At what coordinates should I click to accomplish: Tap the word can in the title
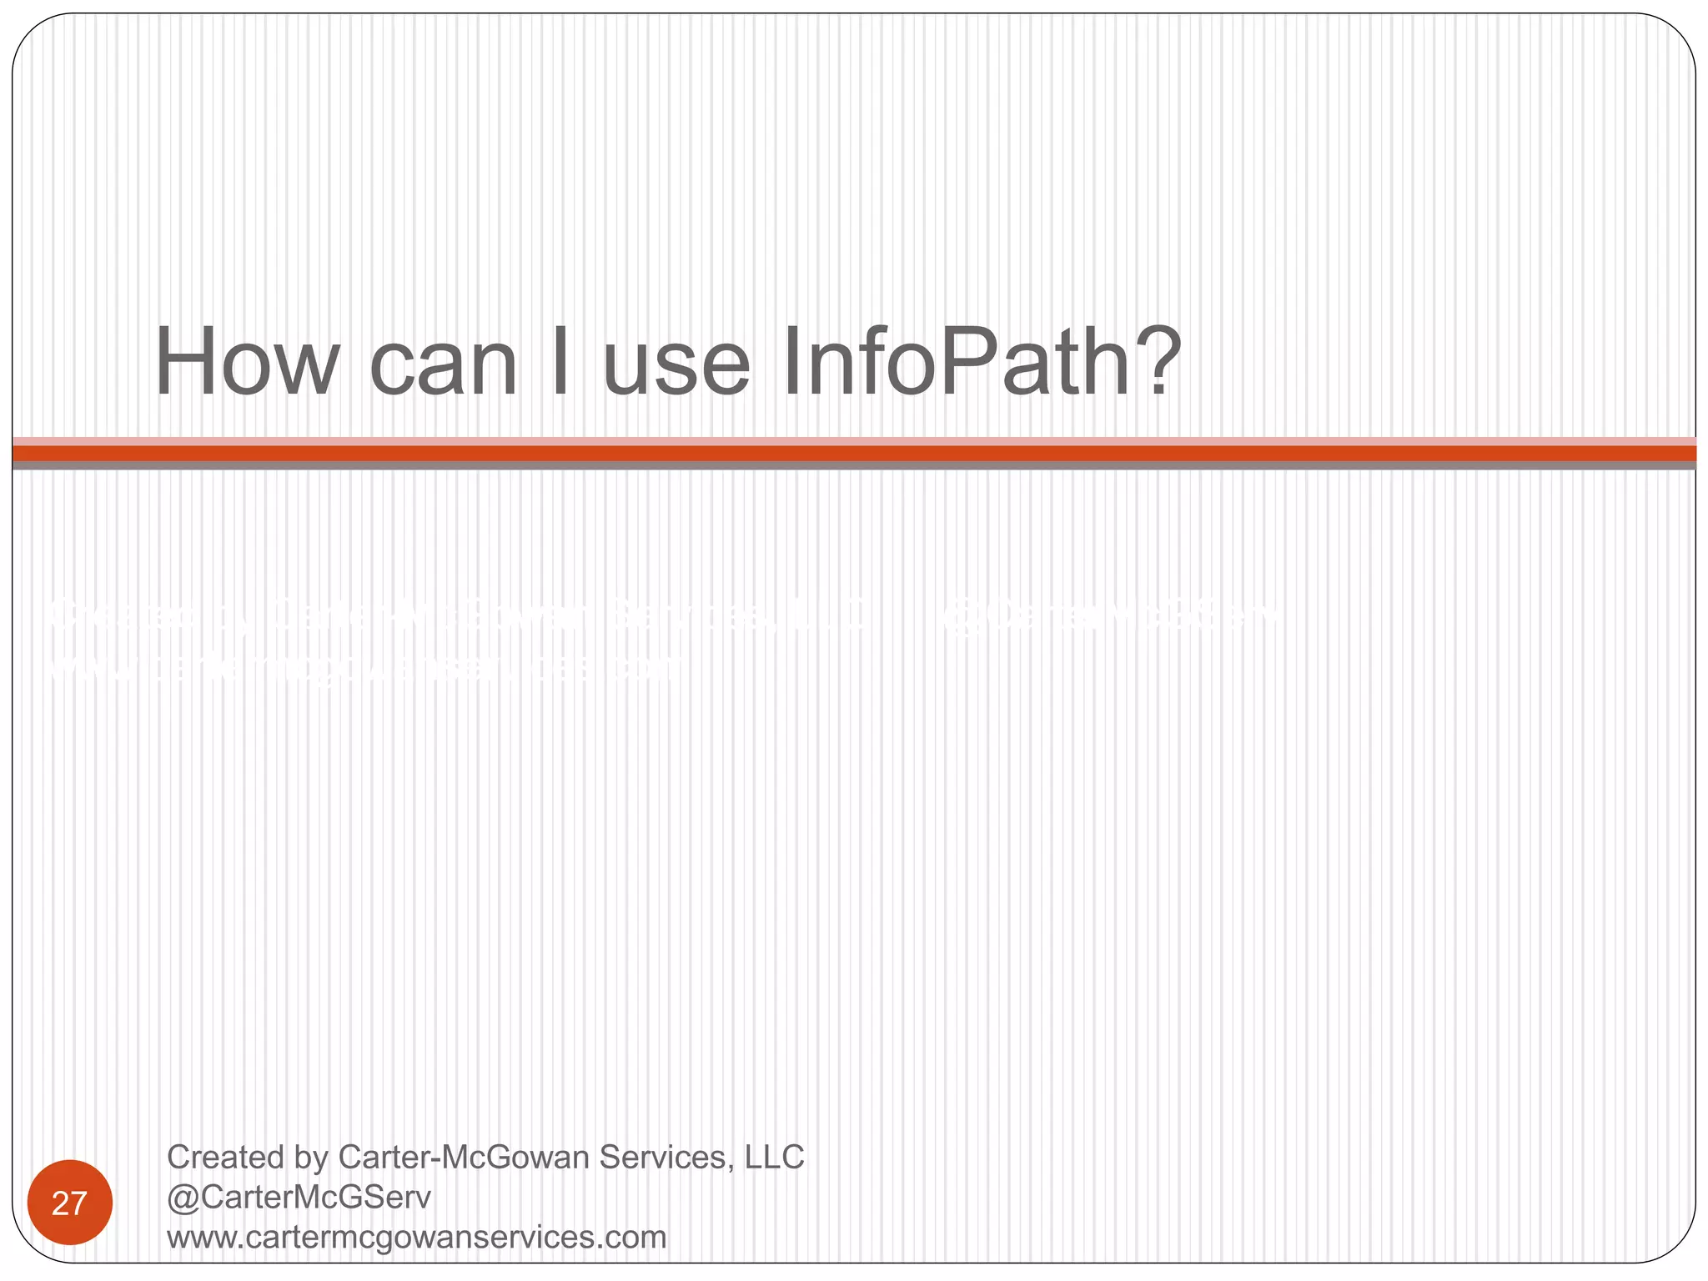point(444,367)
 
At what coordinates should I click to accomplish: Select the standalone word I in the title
point(560,363)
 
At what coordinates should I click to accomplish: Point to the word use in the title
point(676,367)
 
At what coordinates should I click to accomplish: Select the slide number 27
point(69,1203)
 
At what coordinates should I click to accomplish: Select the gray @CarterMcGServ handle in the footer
point(299,1198)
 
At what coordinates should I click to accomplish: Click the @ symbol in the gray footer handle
point(180,1198)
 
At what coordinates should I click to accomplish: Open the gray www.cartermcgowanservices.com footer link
point(416,1238)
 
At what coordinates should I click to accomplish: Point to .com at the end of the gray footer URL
point(636,1238)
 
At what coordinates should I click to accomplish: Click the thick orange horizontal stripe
point(854,453)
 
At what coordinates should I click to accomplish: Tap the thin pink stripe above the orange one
point(854,441)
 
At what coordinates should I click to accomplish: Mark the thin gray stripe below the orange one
point(854,465)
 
